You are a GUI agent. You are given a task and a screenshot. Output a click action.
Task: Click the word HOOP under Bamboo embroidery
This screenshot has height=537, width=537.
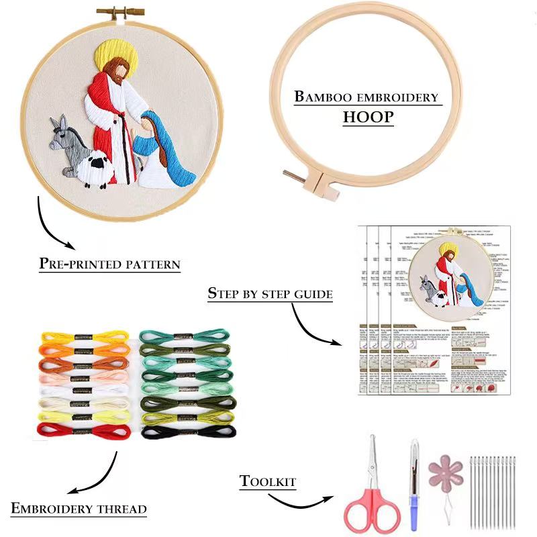click(x=368, y=117)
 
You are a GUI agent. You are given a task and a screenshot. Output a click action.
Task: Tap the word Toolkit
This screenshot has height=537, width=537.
click(x=268, y=481)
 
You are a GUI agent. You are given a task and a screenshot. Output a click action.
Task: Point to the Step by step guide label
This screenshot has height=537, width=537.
click(x=270, y=293)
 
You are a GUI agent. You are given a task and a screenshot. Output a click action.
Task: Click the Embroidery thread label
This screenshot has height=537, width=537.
click(x=79, y=508)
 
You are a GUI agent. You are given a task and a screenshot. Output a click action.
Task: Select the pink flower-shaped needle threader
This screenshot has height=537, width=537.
click(x=446, y=471)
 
